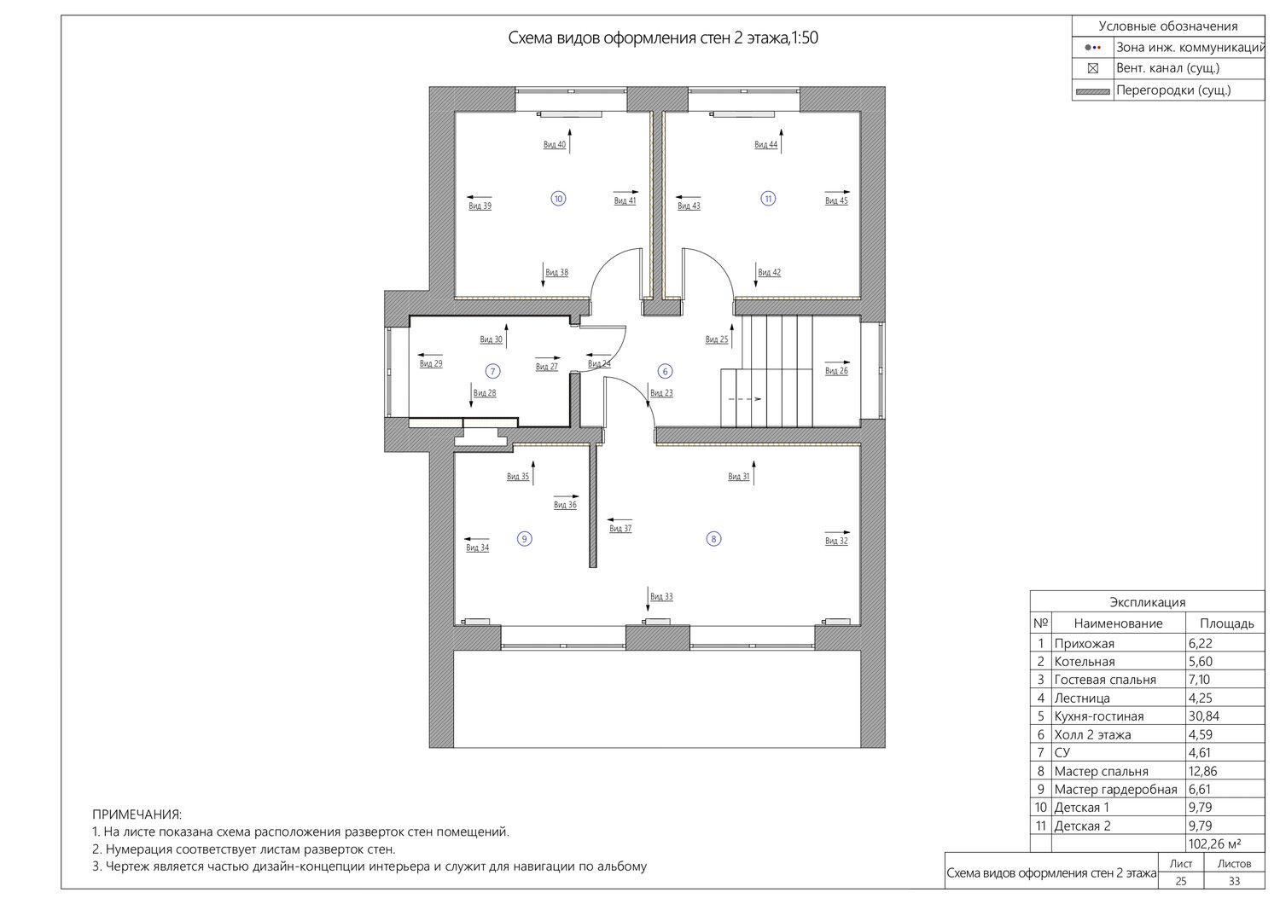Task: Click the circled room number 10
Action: coord(558,199)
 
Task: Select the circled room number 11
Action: coord(768,199)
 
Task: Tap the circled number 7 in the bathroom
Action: coord(492,371)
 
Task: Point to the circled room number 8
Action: coord(713,538)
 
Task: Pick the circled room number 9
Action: coord(524,538)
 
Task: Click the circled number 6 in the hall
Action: coord(665,371)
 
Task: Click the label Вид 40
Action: coord(555,145)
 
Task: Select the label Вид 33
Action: coord(661,597)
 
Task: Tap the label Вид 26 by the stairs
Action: coord(836,371)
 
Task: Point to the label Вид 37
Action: coord(620,529)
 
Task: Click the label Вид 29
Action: coord(431,364)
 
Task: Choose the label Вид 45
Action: coord(836,201)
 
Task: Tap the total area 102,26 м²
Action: coord(1214,844)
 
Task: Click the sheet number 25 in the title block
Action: coord(1180,881)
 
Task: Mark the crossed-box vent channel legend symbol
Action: coord(1092,68)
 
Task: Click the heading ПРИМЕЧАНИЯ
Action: coord(137,814)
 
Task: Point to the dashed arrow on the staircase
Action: coord(745,399)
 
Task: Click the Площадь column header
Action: coord(1227,623)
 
